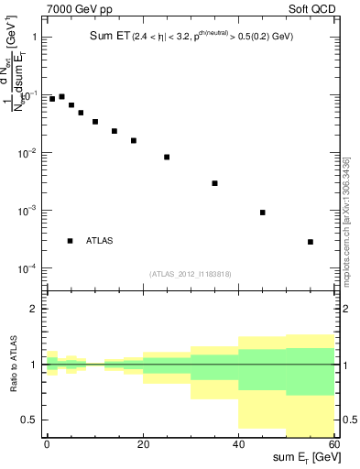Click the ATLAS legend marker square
pos(70,241)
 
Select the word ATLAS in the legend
pos(100,241)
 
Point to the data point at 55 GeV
pos(311,242)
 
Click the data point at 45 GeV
pos(263,213)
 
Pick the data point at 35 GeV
pos(214,183)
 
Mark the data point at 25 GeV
pos(167,157)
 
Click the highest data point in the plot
pos(61,96)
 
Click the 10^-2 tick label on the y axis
pos(27,153)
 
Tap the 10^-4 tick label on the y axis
pos(27,268)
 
